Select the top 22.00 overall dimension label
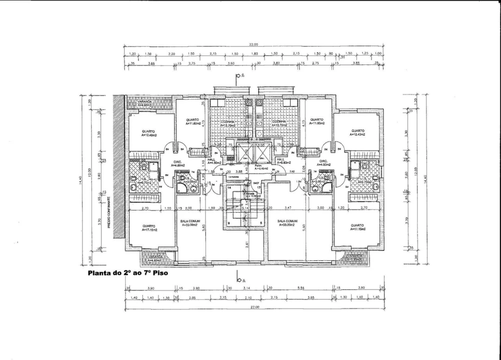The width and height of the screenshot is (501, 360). (253, 45)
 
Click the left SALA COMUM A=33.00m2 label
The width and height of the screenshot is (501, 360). (189, 223)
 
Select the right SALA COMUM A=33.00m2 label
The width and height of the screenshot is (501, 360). (287, 223)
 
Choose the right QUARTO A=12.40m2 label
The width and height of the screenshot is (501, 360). (357, 133)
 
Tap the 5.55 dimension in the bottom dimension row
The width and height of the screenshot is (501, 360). (300, 288)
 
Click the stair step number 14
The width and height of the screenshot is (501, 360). (229, 188)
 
